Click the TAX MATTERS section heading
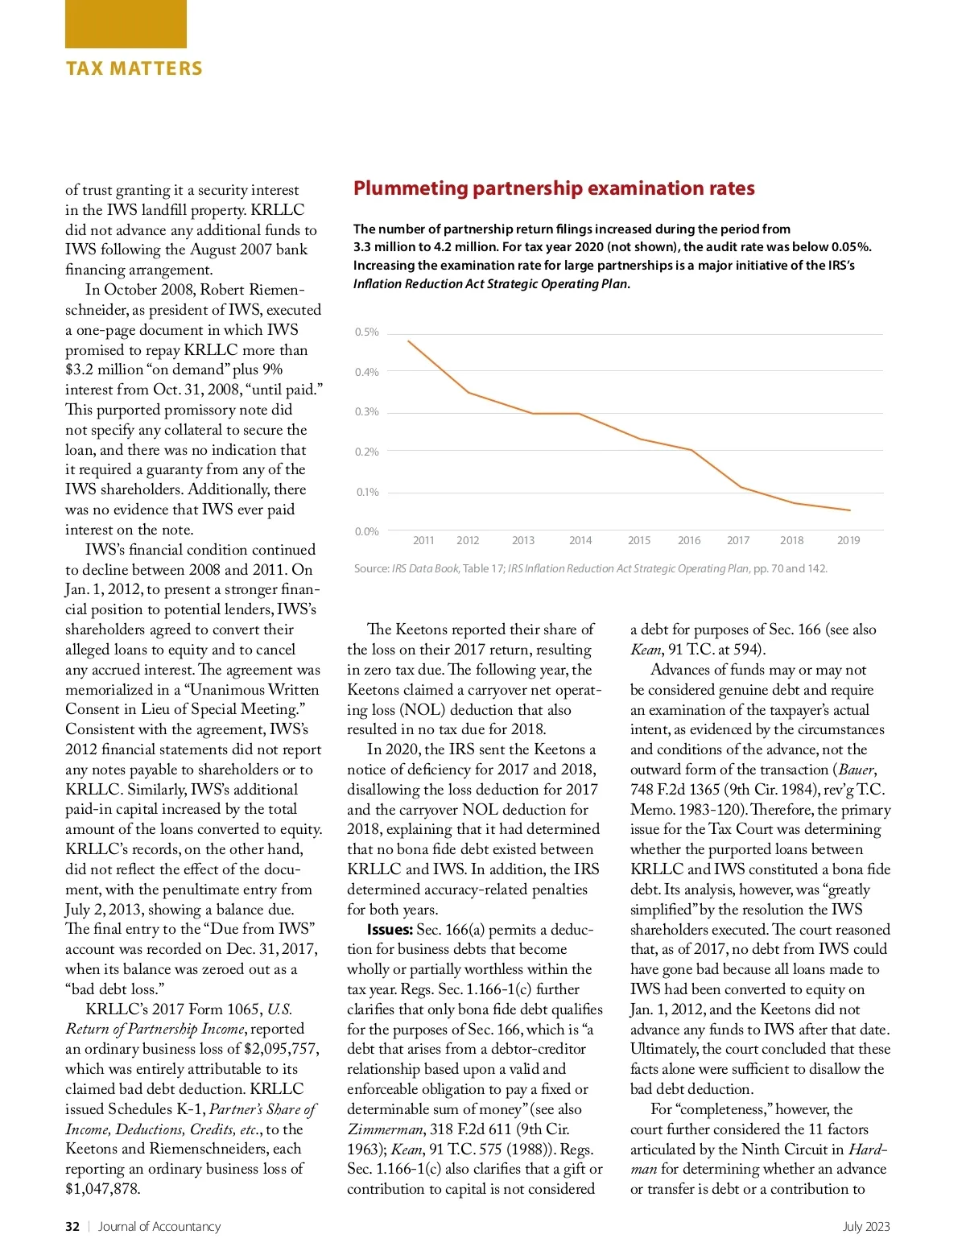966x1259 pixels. tap(134, 68)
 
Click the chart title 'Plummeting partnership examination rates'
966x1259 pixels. tap(554, 188)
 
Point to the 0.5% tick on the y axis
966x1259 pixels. tap(367, 332)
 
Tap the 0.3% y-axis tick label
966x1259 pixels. tap(367, 412)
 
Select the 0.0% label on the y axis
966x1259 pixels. tap(367, 531)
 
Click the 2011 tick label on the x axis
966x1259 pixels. tap(423, 541)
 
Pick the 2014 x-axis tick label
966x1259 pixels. tap(580, 541)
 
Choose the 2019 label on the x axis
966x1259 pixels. tap(848, 541)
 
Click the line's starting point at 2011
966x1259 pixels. tap(409, 341)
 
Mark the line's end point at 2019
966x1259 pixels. tap(849, 510)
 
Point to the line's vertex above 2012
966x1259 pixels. tap(468, 392)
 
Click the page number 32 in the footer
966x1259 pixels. tap(72, 1227)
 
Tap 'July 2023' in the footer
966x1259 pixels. tap(866, 1227)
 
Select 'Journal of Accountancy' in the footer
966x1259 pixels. tap(159, 1227)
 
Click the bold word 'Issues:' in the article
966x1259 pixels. tap(390, 930)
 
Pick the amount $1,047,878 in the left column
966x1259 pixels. tap(102, 1189)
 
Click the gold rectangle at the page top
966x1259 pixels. tap(126, 24)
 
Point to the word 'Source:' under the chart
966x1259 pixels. tap(372, 568)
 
